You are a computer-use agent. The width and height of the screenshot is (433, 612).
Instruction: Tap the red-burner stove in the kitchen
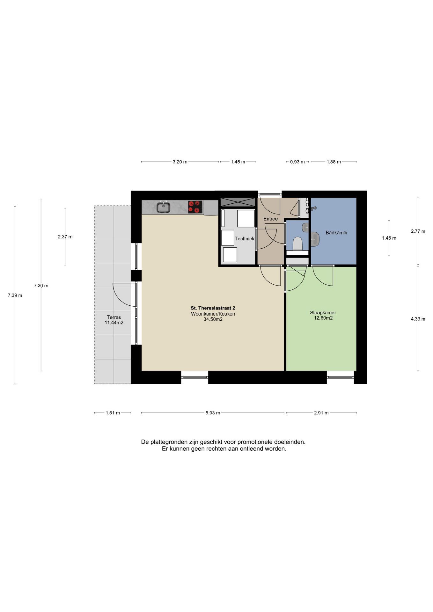195,207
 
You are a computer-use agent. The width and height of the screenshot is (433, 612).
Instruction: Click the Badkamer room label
337,233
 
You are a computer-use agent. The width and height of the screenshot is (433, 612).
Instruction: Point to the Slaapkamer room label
323,313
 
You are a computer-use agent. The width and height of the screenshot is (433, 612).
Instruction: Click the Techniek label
245,238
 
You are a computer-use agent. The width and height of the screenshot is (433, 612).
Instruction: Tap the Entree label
270,219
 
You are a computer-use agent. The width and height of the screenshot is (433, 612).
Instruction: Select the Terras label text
114,317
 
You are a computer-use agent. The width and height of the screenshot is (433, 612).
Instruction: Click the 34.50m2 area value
213,319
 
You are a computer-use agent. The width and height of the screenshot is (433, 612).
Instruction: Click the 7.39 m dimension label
15,295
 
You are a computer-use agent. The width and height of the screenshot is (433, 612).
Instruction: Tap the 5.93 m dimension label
213,413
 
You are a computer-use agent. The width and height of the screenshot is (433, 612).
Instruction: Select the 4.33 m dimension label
418,319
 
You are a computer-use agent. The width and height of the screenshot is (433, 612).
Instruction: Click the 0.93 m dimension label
297,162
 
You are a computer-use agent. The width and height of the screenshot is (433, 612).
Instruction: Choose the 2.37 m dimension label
65,237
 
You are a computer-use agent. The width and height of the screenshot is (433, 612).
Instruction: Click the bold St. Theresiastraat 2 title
213,308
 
